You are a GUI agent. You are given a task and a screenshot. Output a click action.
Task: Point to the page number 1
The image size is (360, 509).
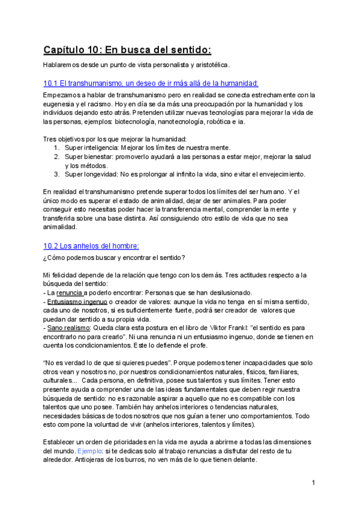pyautogui.click(x=313, y=483)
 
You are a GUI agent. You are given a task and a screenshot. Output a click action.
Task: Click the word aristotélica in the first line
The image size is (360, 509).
pyautogui.click(x=209, y=65)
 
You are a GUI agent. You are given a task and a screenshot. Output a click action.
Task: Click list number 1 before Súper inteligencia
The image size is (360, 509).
pyautogui.click(x=56, y=148)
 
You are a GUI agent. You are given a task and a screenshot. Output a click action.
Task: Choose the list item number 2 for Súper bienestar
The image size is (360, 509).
pyautogui.click(x=56, y=157)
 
